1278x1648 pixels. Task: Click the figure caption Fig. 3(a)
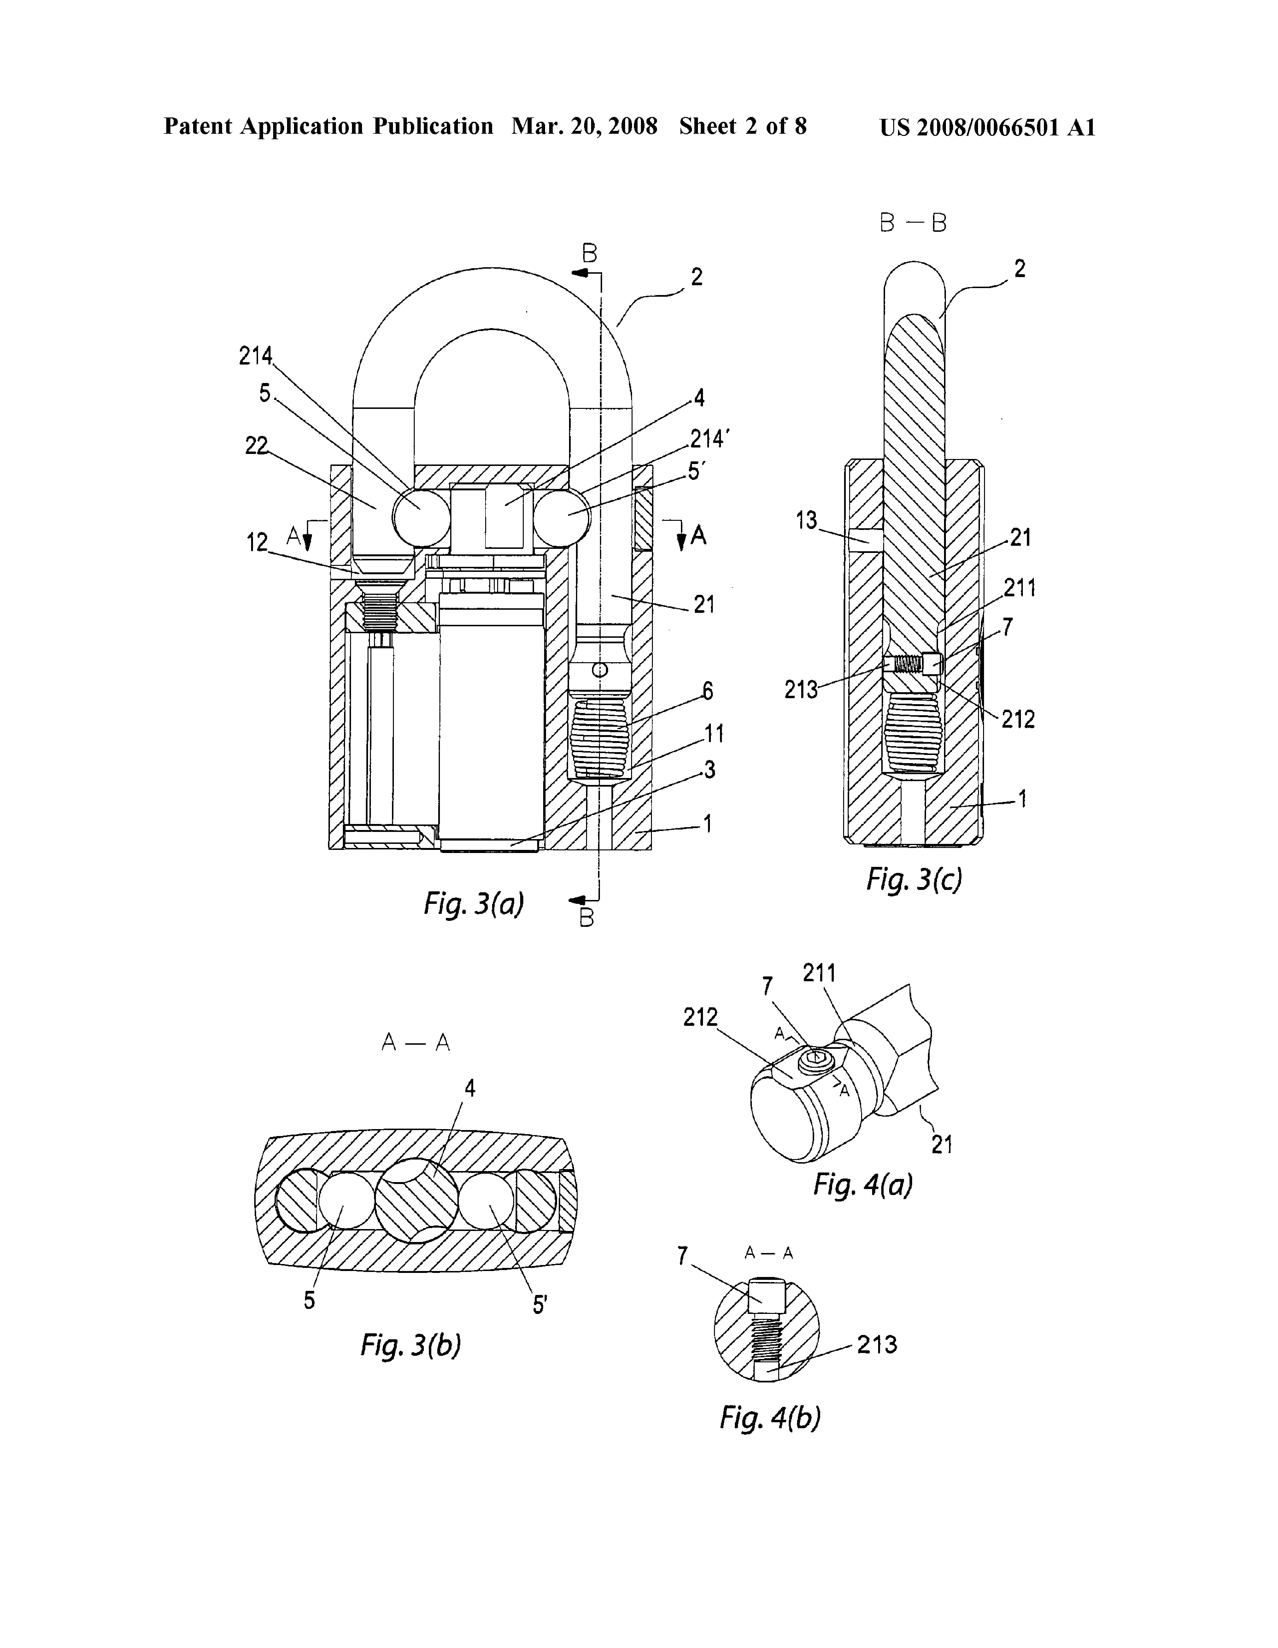pos(474,903)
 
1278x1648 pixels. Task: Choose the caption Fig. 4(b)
pos(770,1417)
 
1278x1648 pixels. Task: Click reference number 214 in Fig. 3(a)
pos(256,355)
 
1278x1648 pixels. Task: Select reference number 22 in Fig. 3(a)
pos(257,446)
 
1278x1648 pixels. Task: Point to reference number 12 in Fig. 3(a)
pos(257,542)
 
